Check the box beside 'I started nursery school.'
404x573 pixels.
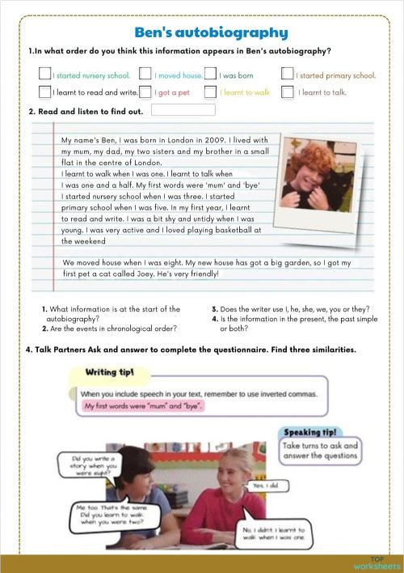(45, 74)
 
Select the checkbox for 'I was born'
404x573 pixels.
(211, 74)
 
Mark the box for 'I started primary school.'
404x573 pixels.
(288, 74)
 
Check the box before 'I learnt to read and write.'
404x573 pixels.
(45, 92)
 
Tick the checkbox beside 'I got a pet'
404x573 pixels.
(145, 92)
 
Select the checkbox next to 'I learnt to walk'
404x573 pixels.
(211, 92)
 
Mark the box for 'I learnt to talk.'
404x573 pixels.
(288, 92)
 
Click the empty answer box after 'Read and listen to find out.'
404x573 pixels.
(183, 110)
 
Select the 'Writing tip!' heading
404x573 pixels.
(110, 372)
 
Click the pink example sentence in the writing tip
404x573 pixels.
(142, 405)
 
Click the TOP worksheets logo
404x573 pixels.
(376, 562)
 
